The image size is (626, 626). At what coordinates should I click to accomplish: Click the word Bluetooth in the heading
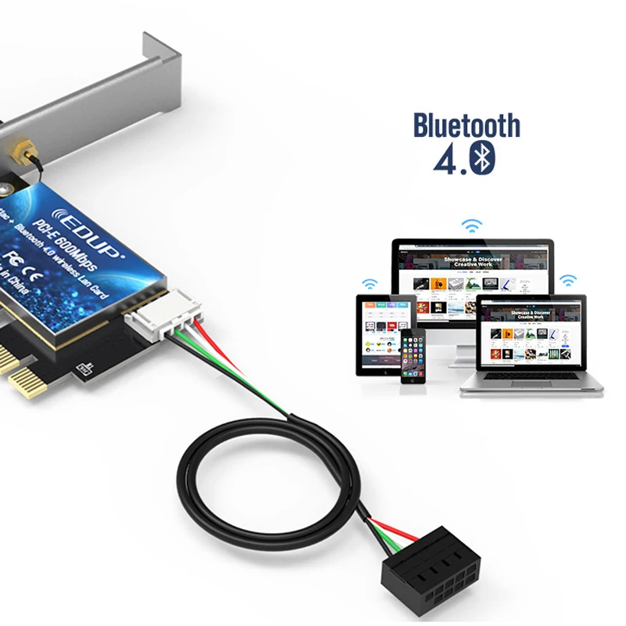(466, 125)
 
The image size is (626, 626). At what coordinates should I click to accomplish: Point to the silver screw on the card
(6, 188)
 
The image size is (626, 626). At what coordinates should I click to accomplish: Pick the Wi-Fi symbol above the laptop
(567, 279)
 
